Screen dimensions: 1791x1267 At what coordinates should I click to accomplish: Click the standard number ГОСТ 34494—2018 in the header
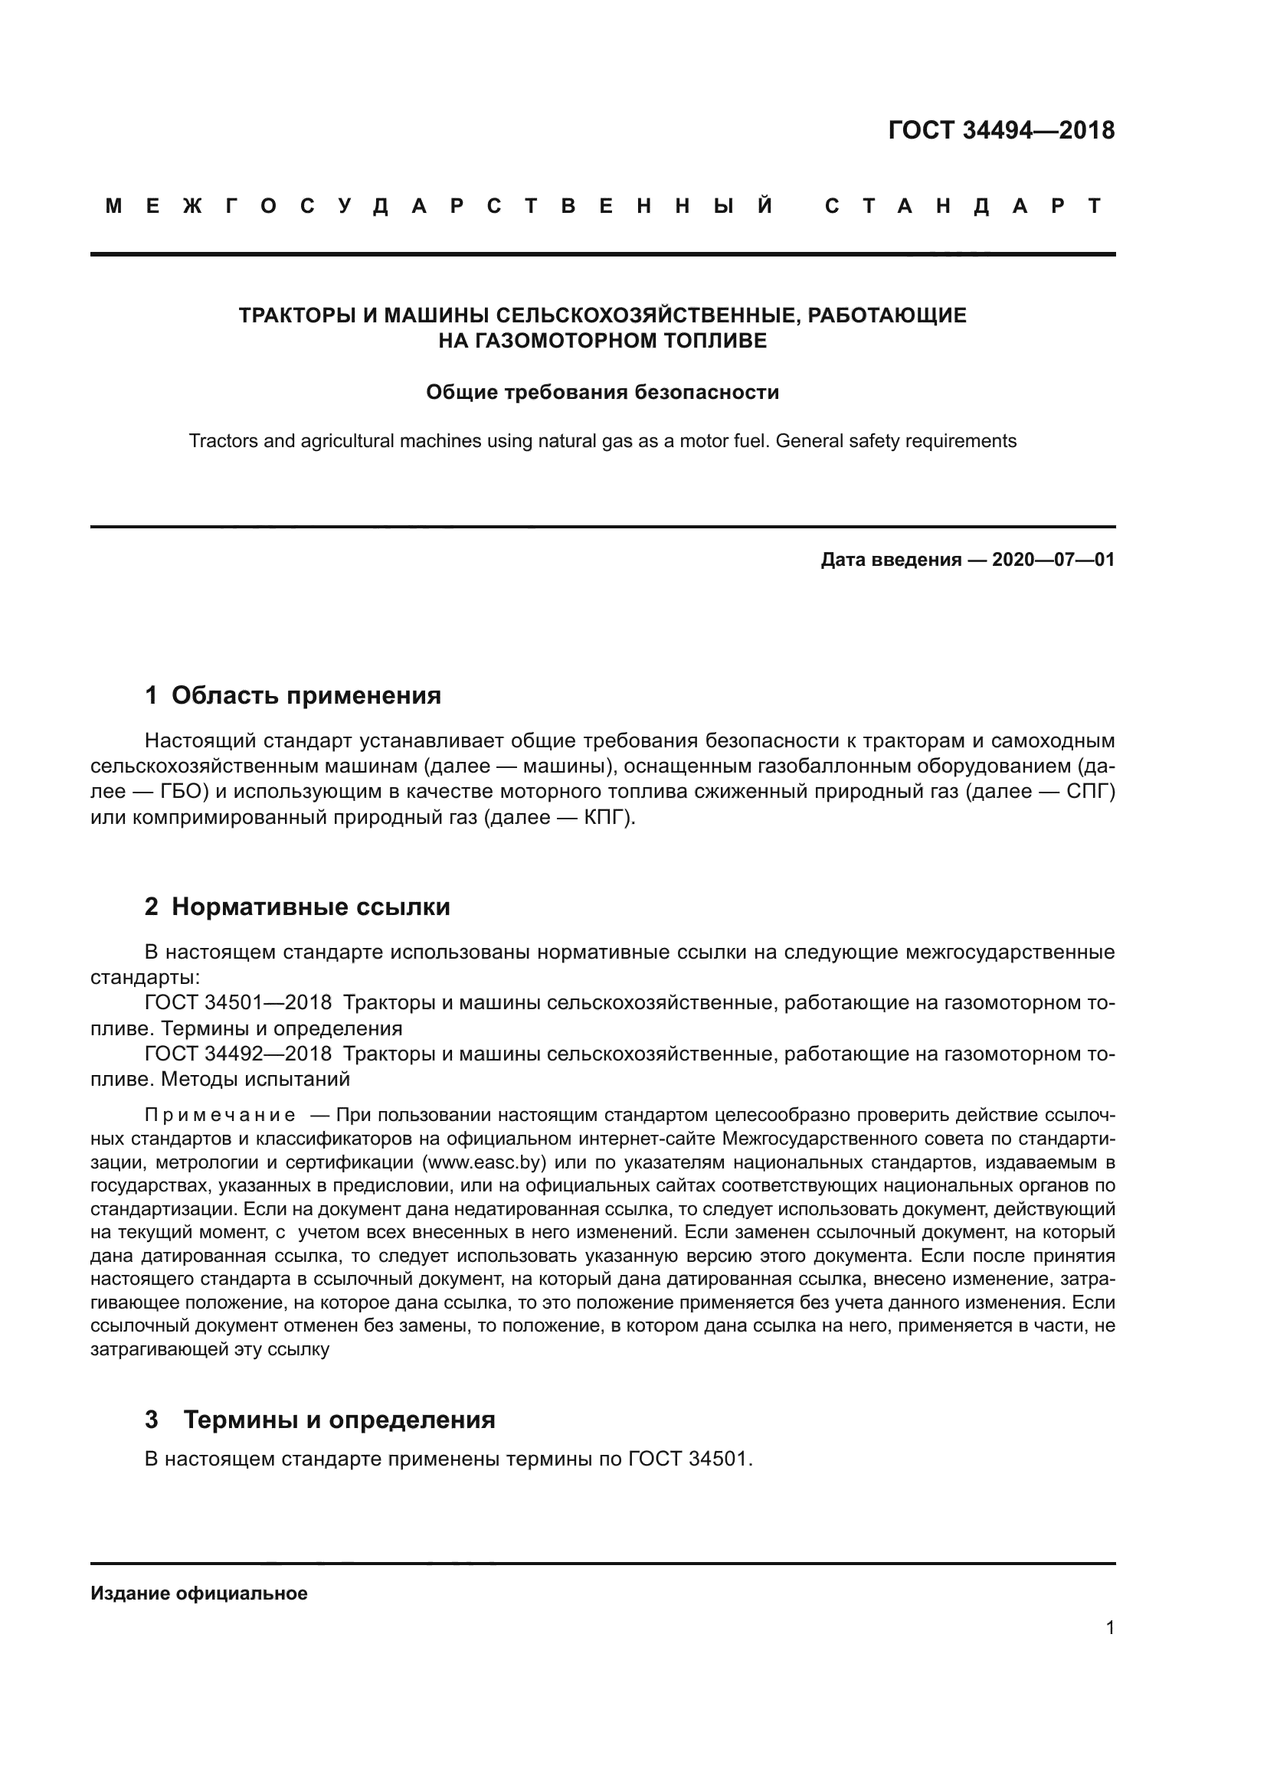click(1001, 130)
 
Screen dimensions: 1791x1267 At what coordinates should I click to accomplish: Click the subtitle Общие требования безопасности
click(602, 391)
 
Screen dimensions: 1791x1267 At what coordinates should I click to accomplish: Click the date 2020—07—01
click(1053, 559)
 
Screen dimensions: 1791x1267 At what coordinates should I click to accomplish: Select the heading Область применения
click(306, 695)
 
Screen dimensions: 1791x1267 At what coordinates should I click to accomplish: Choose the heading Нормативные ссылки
click(310, 907)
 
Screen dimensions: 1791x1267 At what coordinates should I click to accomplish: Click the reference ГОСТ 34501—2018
click(238, 1003)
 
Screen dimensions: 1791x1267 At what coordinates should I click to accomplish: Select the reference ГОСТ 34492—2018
click(238, 1054)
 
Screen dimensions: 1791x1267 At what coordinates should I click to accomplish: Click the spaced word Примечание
click(219, 1114)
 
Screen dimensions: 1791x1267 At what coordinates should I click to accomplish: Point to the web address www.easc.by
click(483, 1162)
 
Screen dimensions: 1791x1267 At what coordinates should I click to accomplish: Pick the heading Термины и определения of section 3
click(339, 1420)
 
